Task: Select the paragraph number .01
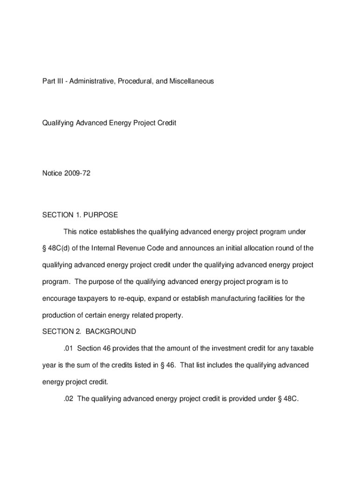click(x=69, y=348)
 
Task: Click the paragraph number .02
click(x=69, y=399)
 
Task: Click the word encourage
click(x=58, y=298)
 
